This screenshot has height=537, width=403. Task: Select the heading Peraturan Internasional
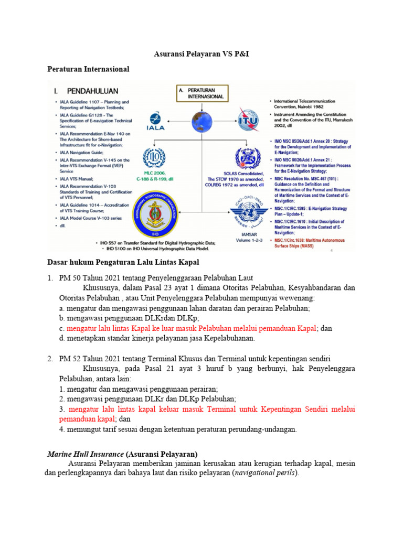coord(88,69)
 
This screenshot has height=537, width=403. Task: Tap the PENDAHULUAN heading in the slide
coord(91,90)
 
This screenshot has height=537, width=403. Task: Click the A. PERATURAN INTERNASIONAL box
coord(202,93)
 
